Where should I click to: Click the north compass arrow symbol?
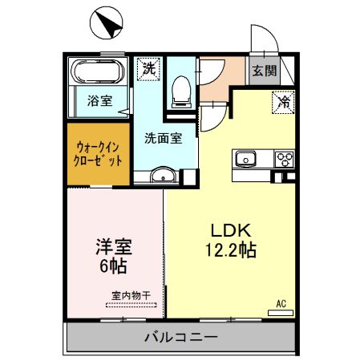coord(107,23)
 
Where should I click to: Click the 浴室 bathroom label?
coord(100,101)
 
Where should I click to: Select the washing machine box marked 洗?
coord(148,70)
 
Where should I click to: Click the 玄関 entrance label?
coord(264,71)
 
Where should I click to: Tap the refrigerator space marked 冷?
coord(283,102)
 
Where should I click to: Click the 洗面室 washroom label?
coord(163,137)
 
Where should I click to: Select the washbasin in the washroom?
coord(165,176)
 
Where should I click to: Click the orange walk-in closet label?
coord(99,152)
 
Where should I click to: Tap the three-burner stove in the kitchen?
coord(284,158)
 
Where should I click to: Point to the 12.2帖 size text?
coord(229,250)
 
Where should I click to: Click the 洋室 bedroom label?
coord(113,246)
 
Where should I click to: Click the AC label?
coord(281,304)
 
